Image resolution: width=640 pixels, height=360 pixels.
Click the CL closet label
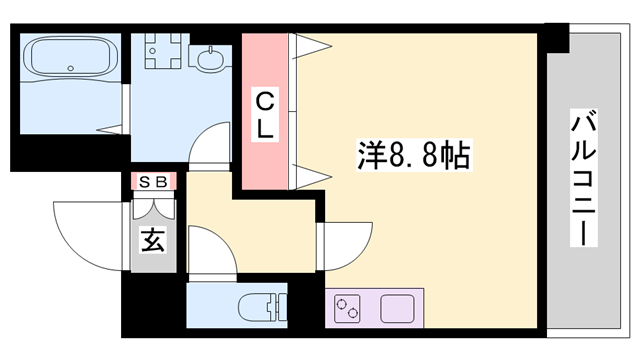[264, 115]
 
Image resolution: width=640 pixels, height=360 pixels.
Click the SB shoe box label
[153, 181]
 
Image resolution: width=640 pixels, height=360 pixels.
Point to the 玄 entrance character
[152, 240]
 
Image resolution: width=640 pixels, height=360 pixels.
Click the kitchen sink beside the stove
[397, 307]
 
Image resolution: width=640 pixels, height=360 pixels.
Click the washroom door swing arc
[207, 148]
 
